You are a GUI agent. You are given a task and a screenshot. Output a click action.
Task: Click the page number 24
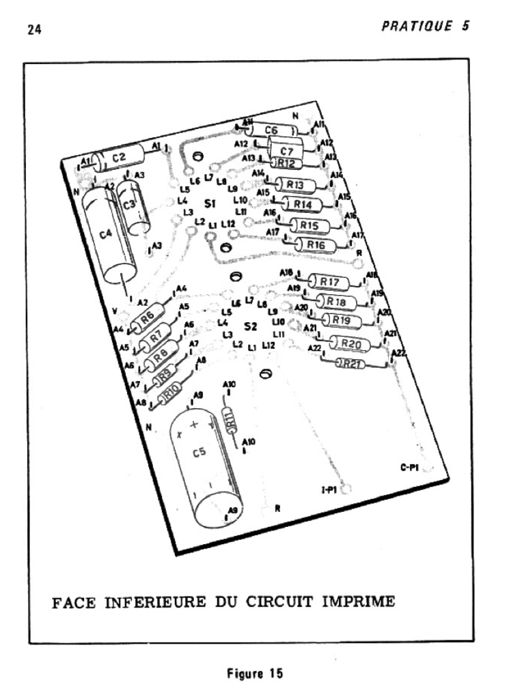click(34, 31)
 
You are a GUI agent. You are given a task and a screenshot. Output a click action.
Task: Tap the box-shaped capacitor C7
click(286, 148)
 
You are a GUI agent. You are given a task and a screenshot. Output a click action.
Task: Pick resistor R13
click(295, 185)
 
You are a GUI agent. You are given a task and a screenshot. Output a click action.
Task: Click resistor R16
click(315, 244)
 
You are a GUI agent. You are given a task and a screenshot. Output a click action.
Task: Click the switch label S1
click(210, 203)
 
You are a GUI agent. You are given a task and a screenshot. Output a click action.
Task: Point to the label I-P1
click(331, 489)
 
